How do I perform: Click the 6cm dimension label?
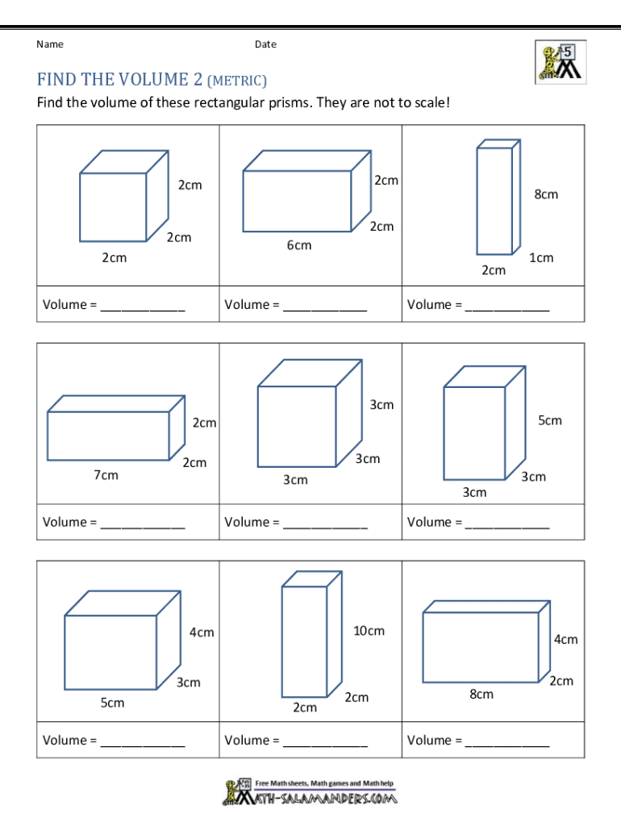tap(298, 245)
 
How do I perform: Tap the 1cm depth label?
tap(541, 257)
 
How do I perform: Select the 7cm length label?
tap(106, 475)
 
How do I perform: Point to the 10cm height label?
tap(369, 631)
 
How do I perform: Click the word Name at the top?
tap(50, 44)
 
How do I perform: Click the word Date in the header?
tap(265, 44)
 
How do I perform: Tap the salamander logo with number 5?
tap(561, 62)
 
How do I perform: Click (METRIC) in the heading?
tap(237, 81)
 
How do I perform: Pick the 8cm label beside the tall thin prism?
tap(546, 194)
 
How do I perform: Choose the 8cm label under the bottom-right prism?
tap(481, 694)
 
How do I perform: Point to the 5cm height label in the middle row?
tap(550, 420)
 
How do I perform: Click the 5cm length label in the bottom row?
tap(112, 703)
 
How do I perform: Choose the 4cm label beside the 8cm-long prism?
tap(565, 639)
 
